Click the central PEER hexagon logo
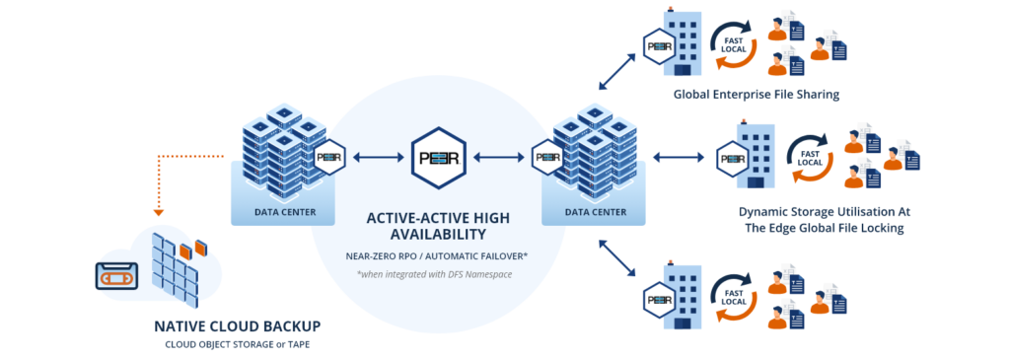point(440,157)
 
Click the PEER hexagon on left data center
point(327,157)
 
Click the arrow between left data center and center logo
point(374,157)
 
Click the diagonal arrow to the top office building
point(615,75)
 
